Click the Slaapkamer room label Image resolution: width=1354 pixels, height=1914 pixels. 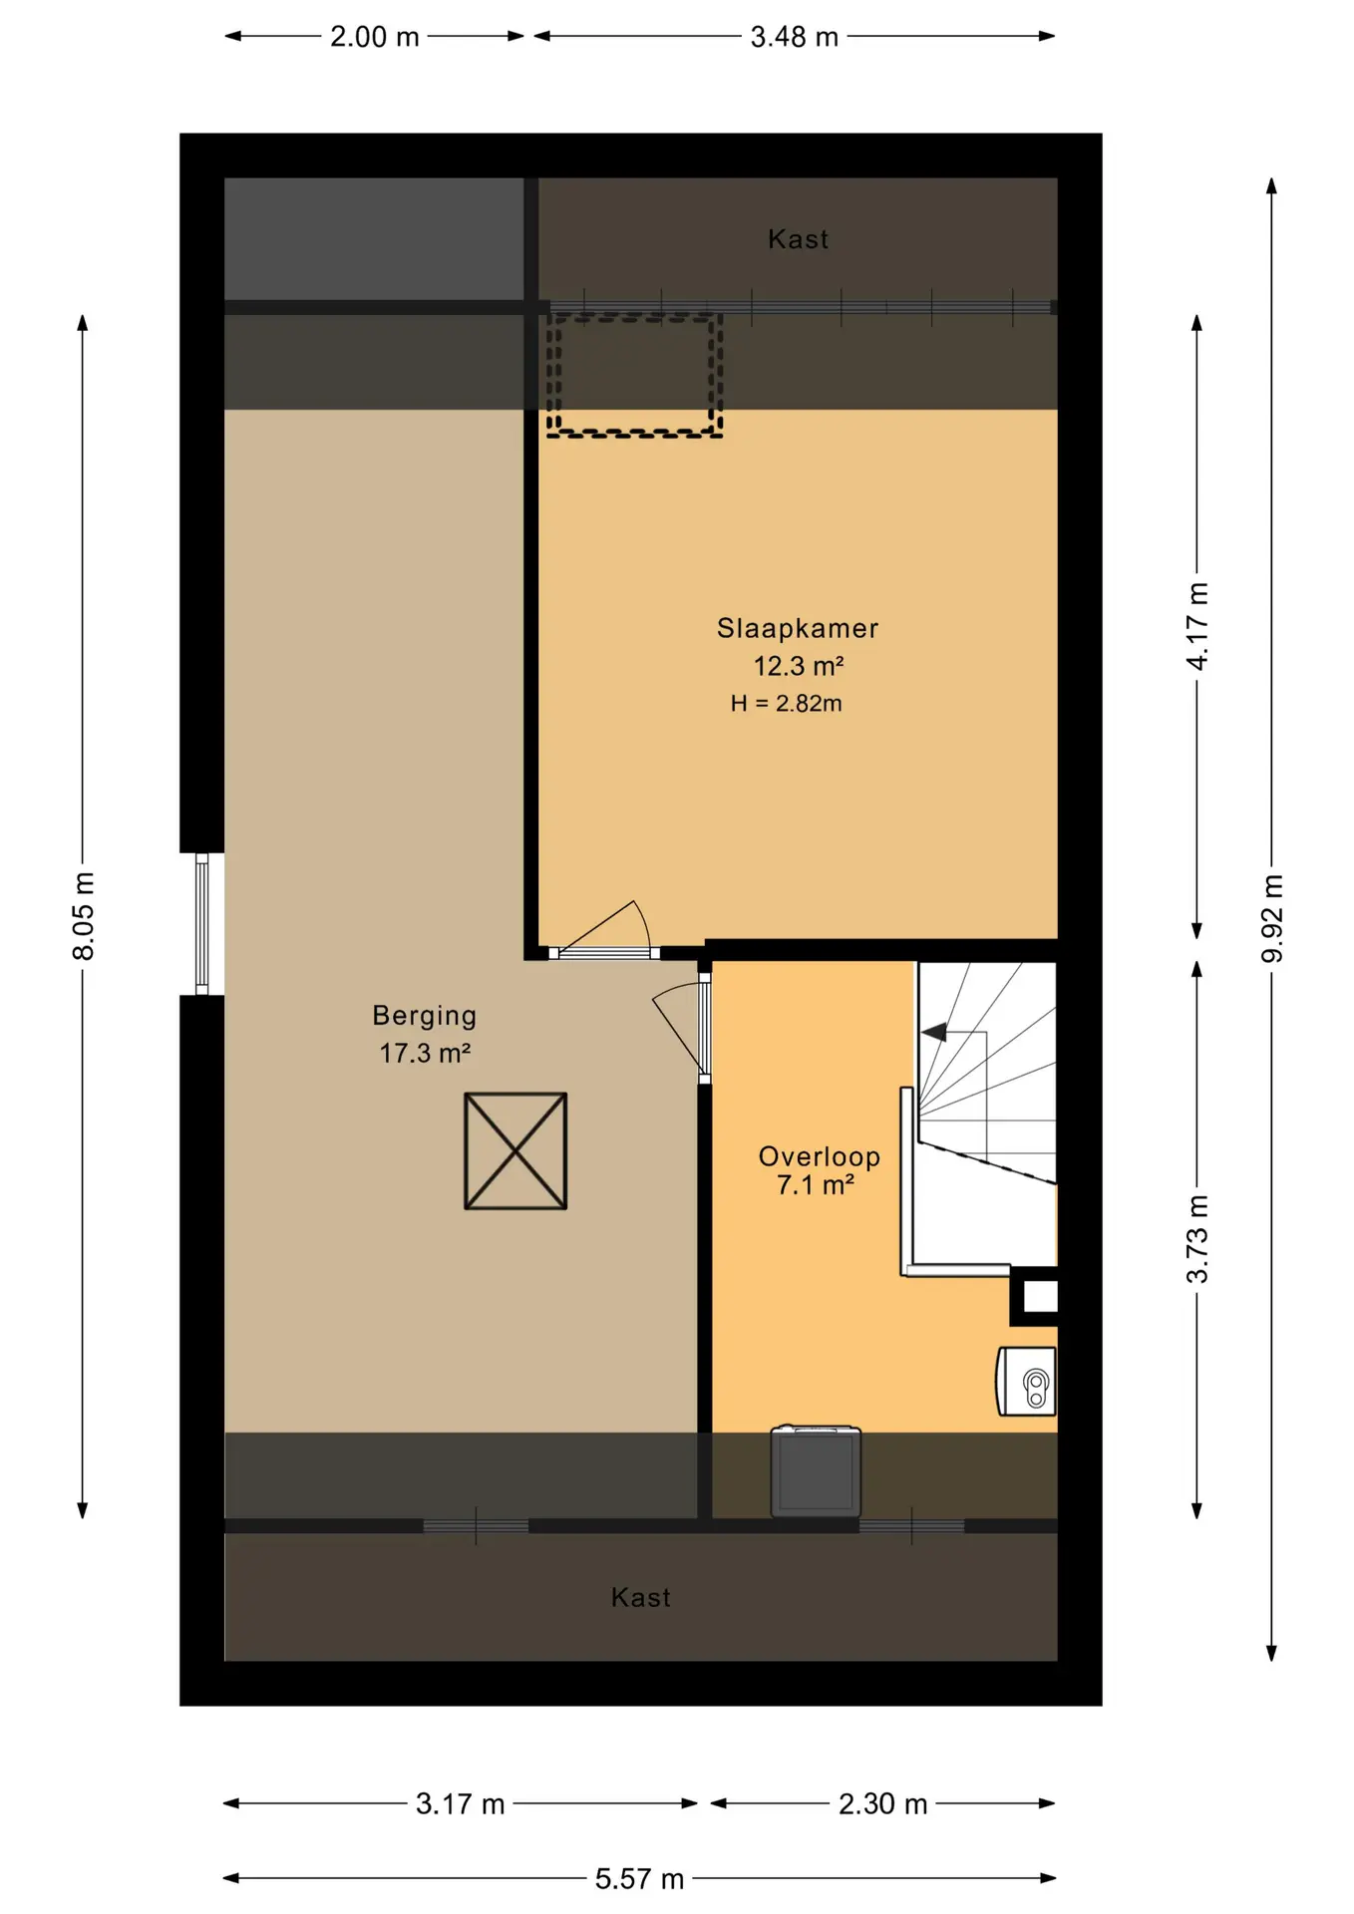(x=798, y=629)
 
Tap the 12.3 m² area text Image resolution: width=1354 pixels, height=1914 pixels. (x=799, y=666)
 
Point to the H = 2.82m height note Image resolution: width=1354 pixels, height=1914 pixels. (x=786, y=704)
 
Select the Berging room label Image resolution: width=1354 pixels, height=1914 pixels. (x=425, y=1016)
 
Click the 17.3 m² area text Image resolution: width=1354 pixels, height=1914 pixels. (x=425, y=1053)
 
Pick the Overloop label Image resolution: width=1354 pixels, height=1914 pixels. (x=820, y=1156)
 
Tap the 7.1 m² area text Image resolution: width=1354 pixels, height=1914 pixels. (x=816, y=1185)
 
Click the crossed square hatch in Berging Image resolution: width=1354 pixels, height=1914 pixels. (x=515, y=1151)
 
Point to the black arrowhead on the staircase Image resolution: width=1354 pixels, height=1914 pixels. (x=934, y=1033)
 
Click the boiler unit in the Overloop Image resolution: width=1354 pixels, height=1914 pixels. (x=1026, y=1381)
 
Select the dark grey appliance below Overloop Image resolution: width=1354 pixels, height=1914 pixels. (x=816, y=1471)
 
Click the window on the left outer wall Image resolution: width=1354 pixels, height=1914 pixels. (x=202, y=924)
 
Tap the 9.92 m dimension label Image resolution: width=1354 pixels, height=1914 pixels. (x=1272, y=918)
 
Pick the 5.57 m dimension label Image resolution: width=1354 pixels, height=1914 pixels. (x=639, y=1879)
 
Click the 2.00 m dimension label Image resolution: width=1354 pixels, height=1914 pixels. (x=375, y=37)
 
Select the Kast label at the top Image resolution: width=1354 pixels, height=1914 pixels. (x=799, y=239)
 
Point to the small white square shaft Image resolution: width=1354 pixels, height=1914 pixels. (x=1040, y=1296)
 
